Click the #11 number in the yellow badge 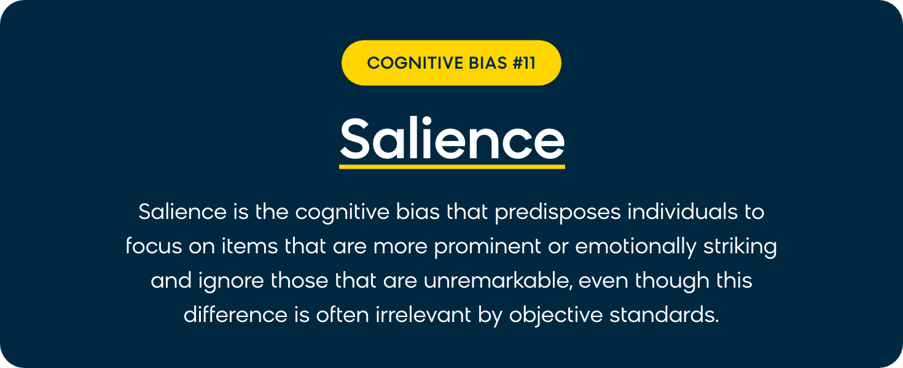[524, 63]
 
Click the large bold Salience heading [452, 139]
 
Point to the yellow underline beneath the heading [452, 166]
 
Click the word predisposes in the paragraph [558, 213]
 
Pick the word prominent [487, 247]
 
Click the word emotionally [636, 247]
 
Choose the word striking [740, 247]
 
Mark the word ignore [231, 281]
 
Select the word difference [235, 314]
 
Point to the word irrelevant [423, 314]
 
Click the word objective [556, 315]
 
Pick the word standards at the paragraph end [665, 314]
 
